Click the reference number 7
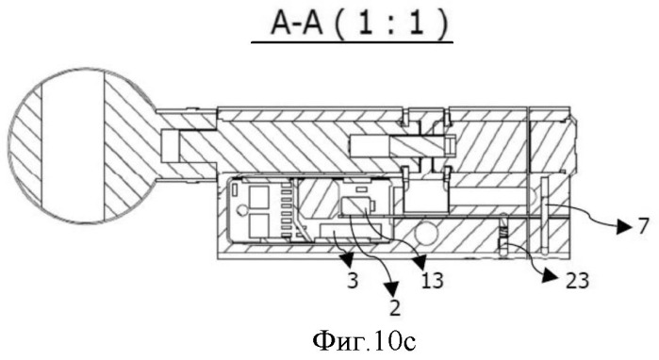pos(644,226)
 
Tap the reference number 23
pos(577,281)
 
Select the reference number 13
pos(432,281)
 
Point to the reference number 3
pos(353,281)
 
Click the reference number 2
pos(395,307)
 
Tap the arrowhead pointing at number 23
pos(550,276)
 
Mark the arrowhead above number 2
pos(391,288)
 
